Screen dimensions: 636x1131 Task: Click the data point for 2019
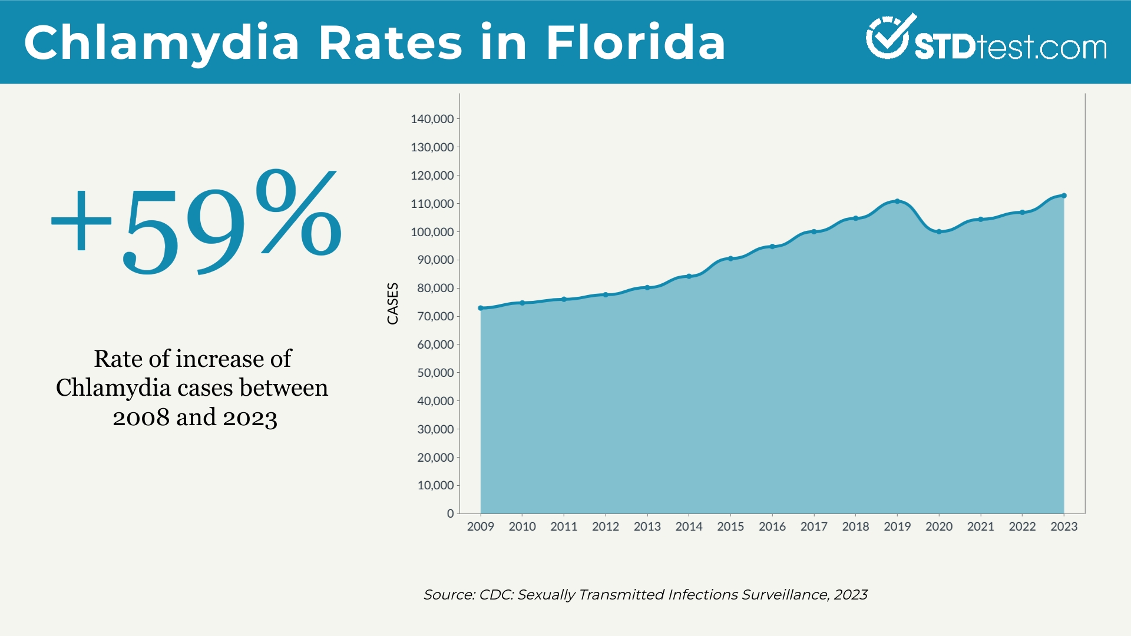pos(897,201)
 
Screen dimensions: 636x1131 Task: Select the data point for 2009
pos(481,308)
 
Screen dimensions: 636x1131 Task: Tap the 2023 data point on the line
pos(1064,196)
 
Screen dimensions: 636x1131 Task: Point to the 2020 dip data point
pos(939,231)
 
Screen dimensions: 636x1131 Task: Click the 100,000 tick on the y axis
pos(432,232)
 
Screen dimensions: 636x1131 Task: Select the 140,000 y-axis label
pos(432,119)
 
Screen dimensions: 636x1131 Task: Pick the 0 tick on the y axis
pos(451,514)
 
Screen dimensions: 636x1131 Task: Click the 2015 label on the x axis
pos(730,526)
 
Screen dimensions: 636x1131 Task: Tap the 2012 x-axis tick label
pos(606,526)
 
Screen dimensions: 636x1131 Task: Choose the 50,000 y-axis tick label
pos(435,373)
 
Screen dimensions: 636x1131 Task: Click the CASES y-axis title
pos(393,303)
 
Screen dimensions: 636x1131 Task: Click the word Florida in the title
pos(636,42)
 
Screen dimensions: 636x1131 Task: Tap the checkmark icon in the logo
pos(888,37)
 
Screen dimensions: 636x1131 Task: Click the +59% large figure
pos(196,224)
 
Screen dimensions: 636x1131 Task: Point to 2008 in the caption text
pos(141,418)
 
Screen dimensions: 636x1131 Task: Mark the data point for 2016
pos(772,247)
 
